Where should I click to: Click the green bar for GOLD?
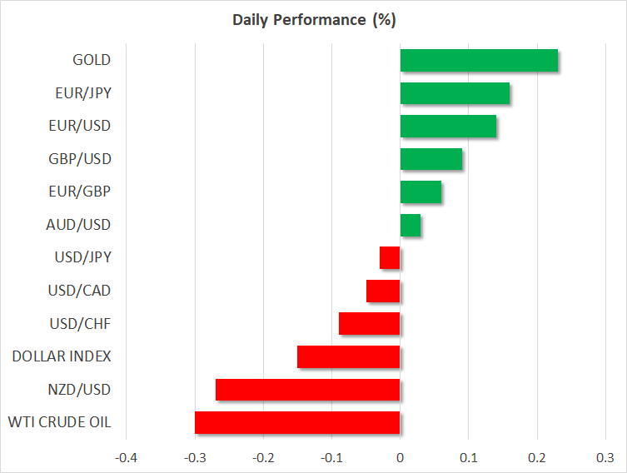(479, 61)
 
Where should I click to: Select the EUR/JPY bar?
(455, 93)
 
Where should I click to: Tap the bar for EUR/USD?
(448, 127)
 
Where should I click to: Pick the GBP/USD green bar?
(431, 159)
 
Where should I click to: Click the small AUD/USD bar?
(411, 225)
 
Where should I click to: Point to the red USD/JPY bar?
(390, 258)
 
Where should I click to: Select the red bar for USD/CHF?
(370, 324)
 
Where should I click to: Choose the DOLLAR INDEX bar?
(349, 357)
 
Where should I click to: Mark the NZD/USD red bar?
(308, 390)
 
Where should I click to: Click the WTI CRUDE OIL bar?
(297, 423)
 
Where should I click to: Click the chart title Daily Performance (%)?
(313, 19)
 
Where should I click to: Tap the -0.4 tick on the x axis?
(126, 457)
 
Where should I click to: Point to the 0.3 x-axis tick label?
(605, 457)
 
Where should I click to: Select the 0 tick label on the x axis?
(400, 457)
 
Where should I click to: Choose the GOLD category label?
(92, 60)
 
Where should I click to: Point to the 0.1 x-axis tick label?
(468, 457)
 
